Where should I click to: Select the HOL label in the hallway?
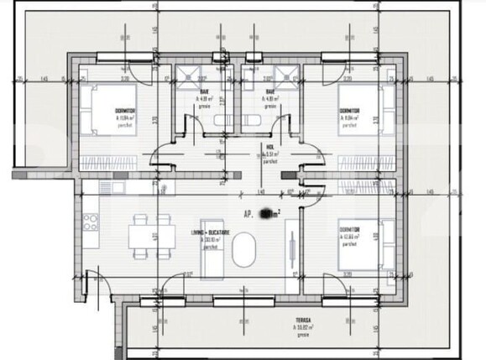tap(269, 144)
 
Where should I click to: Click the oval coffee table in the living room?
tap(245, 250)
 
